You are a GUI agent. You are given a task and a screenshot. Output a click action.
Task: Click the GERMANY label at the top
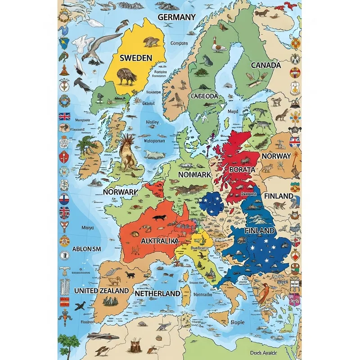(x=177, y=17)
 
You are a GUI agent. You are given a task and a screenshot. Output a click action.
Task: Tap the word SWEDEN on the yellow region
(x=135, y=58)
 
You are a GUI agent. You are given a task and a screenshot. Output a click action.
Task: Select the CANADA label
(x=265, y=65)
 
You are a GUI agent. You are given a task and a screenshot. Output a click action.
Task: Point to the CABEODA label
(x=204, y=96)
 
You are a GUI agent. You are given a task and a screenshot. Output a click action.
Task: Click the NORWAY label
(x=276, y=156)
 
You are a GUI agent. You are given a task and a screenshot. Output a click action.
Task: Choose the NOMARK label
(x=194, y=174)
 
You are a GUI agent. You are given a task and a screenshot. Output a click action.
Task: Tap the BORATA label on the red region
(x=242, y=169)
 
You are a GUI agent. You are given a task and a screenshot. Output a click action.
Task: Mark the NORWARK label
(x=120, y=192)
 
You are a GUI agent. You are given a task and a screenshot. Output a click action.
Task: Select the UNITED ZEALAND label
(x=101, y=291)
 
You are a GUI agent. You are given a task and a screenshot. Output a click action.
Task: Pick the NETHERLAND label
(x=157, y=293)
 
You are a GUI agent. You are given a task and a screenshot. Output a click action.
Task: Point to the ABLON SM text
(x=87, y=249)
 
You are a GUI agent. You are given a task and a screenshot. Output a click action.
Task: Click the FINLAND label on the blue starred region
(x=259, y=230)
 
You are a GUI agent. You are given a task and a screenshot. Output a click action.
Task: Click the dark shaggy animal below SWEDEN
(x=127, y=77)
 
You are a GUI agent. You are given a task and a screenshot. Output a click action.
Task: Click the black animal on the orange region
(x=159, y=218)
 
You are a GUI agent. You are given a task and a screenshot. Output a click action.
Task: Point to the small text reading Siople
(x=237, y=322)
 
